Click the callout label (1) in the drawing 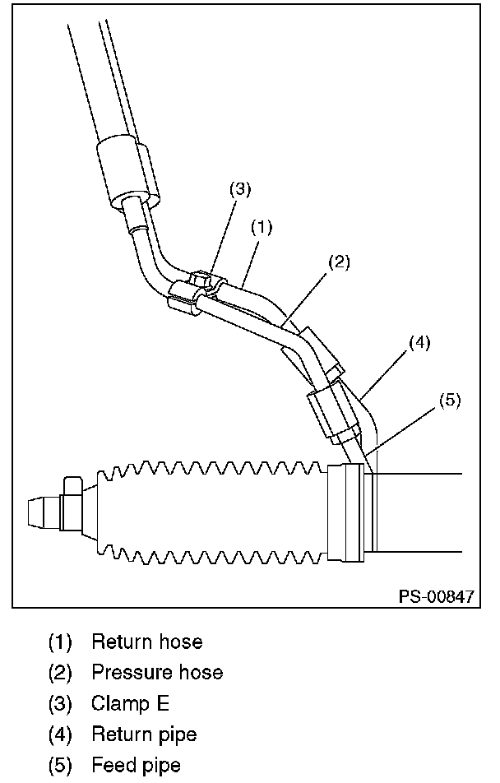(261, 224)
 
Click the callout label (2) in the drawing (340, 262)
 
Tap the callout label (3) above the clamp (240, 188)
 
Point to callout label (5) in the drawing (449, 400)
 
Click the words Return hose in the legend (147, 641)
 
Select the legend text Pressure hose (157, 672)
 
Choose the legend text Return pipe (144, 733)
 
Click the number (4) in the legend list (59, 733)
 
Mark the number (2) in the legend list (59, 672)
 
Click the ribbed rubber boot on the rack (214, 514)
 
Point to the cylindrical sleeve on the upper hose (129, 169)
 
